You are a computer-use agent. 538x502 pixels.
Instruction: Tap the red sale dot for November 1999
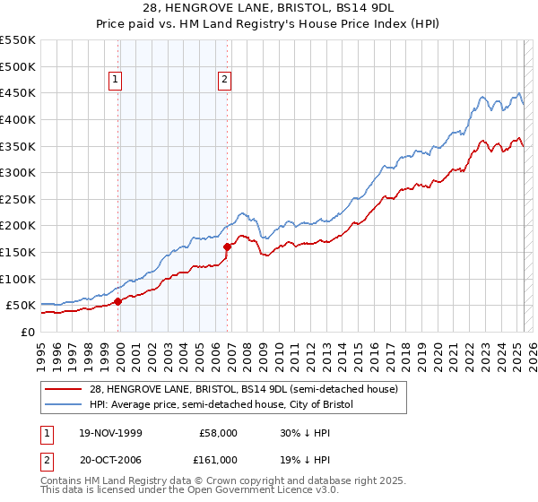[118, 301]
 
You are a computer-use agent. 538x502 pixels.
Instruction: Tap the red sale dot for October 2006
[227, 246]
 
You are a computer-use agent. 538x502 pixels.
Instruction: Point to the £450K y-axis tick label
[18, 92]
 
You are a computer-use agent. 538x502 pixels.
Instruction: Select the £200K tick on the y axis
[18, 225]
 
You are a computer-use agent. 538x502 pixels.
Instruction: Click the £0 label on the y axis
[27, 332]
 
